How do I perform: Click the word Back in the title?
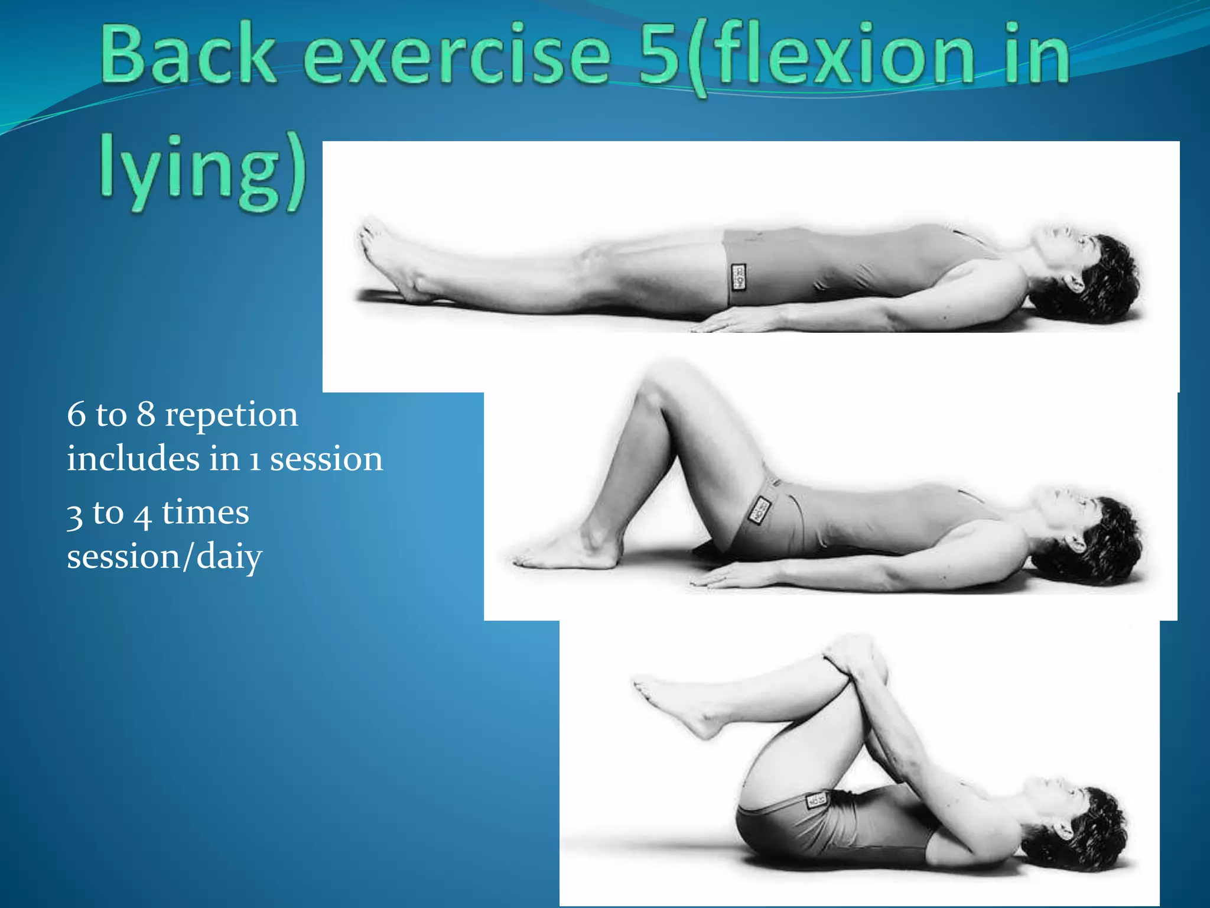tap(188, 54)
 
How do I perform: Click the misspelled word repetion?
tap(231, 414)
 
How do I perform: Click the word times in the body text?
tap(205, 513)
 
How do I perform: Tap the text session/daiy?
tap(164, 557)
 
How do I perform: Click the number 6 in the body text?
tap(76, 414)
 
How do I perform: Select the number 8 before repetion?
tap(146, 414)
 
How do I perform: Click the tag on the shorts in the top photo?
tap(738, 277)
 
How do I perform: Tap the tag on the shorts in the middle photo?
tap(760, 510)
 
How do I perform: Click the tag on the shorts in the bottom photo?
tap(817, 800)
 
